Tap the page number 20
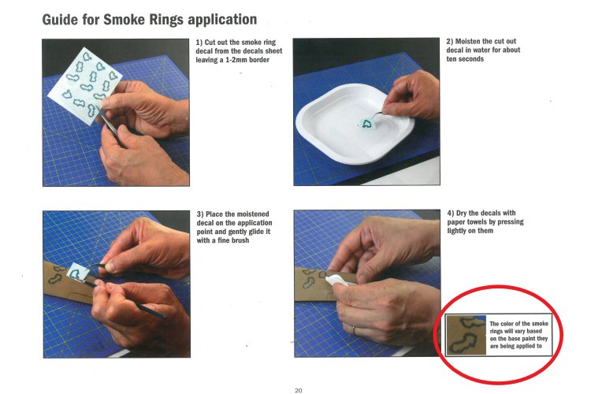pyautogui.click(x=298, y=390)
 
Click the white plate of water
pyautogui.click(x=355, y=123)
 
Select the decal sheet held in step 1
pyautogui.click(x=85, y=86)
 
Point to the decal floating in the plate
pyautogui.click(x=365, y=124)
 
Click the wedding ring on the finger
pyautogui.click(x=353, y=331)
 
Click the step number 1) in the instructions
pyautogui.click(x=199, y=43)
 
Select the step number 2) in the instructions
pyautogui.click(x=450, y=42)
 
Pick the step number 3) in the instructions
pyautogui.click(x=200, y=214)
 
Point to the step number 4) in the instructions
pyautogui.click(x=451, y=213)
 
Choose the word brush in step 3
pyautogui.click(x=240, y=240)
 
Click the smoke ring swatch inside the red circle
pyautogui.click(x=466, y=335)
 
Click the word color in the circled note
pyautogui.click(x=507, y=324)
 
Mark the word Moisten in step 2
pyautogui.click(x=468, y=42)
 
